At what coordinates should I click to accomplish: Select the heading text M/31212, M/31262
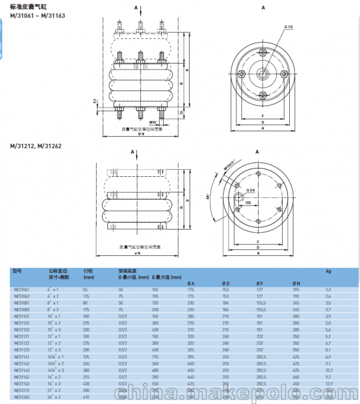click(x=35, y=146)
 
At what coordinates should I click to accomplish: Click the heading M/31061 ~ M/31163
click(x=34, y=14)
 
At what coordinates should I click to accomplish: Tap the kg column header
click(x=328, y=271)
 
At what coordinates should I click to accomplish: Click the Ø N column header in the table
click(x=295, y=282)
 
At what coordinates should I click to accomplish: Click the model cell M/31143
click(x=22, y=371)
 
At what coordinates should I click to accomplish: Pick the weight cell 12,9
click(x=328, y=384)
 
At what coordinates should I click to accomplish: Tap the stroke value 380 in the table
click(x=88, y=371)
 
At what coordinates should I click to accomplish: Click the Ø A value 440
click(x=191, y=378)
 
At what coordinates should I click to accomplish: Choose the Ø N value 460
click(x=295, y=378)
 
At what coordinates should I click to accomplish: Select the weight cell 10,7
click(x=328, y=371)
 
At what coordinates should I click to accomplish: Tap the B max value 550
click(x=155, y=384)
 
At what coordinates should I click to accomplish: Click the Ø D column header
click(x=226, y=282)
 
